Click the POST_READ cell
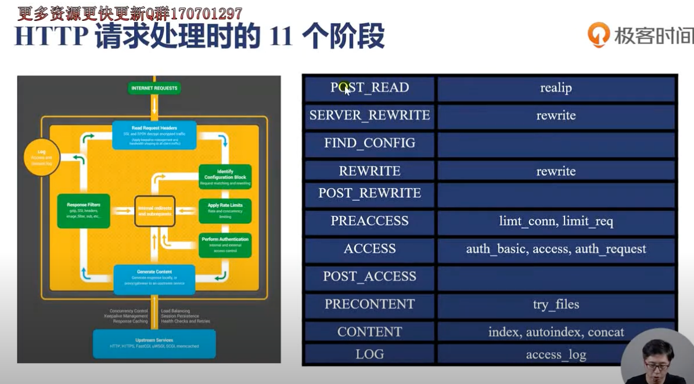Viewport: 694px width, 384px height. pos(369,88)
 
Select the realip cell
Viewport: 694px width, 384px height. pos(556,88)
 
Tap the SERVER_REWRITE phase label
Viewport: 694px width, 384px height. pos(369,115)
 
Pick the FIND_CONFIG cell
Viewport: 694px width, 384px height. pos(369,143)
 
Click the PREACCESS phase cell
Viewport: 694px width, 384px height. pos(369,221)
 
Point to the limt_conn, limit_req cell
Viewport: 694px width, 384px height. pos(556,221)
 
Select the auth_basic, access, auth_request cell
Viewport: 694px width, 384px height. pos(556,249)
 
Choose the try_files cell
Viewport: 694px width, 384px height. pos(556,304)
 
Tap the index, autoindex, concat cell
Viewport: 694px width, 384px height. pos(556,332)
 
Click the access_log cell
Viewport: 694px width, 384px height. pos(556,354)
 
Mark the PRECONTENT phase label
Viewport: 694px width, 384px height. pos(369,304)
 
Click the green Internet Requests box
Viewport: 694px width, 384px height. pos(154,88)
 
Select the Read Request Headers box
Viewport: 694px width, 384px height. pos(154,135)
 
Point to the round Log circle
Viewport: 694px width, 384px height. pos(42,157)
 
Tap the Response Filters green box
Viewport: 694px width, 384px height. pos(84,211)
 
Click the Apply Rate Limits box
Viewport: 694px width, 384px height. pos(225,211)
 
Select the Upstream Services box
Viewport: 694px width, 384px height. pos(154,343)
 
